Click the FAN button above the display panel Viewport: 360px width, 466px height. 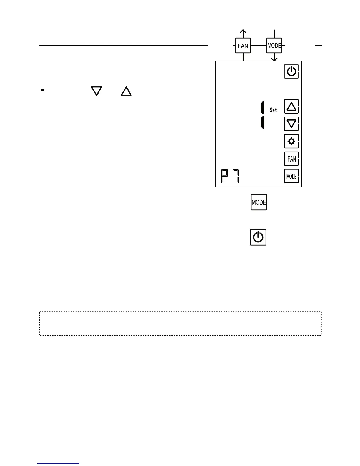tap(243, 46)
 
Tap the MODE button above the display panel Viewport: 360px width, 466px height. tap(274, 46)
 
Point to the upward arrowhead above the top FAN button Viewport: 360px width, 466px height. tap(243, 31)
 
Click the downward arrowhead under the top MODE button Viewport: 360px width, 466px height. tap(274, 59)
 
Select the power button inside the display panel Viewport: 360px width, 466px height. tap(291, 71)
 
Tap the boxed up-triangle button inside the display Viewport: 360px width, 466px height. tap(291, 106)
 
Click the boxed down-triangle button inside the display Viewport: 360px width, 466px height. tap(291, 124)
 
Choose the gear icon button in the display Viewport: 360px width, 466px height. tap(291, 142)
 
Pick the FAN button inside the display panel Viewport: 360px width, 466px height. tap(291, 159)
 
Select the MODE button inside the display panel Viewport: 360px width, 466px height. tap(291, 176)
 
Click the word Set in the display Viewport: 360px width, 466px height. tap(273, 110)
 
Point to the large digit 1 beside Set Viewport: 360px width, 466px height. tap(262, 115)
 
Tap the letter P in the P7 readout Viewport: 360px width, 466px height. tap(225, 176)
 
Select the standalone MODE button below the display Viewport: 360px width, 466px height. tap(259, 202)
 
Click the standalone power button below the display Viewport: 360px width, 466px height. tap(258, 237)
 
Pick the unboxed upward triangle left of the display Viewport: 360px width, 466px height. tap(126, 91)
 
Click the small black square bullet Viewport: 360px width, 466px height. tap(42, 90)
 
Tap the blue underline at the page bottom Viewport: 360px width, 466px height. tap(58, 463)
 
